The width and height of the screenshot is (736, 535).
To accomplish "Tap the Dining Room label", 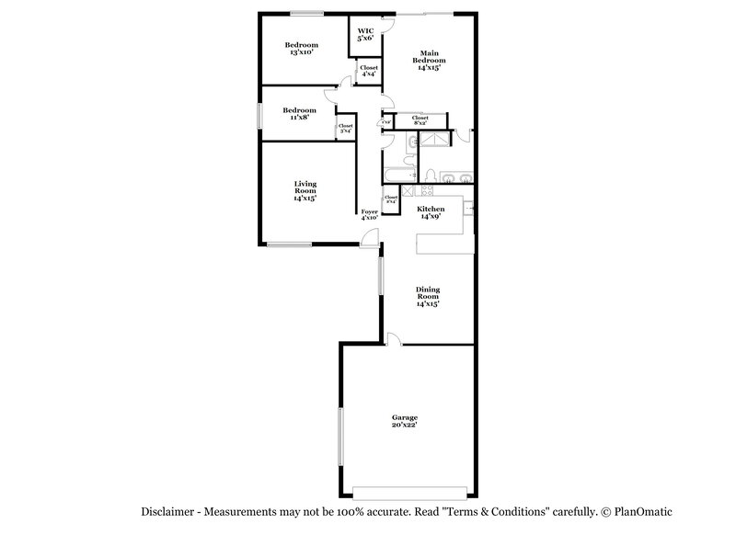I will click(x=427, y=296).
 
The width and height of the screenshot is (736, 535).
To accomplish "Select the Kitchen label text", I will click(x=431, y=212).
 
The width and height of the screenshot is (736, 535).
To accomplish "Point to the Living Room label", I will click(x=305, y=190).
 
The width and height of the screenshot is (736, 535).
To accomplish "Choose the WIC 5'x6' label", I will click(x=365, y=34).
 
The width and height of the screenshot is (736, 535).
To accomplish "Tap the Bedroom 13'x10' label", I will click(x=301, y=49).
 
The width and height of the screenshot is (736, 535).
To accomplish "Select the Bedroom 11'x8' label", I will click(x=299, y=113).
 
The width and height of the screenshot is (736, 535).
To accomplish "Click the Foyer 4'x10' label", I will click(x=370, y=214).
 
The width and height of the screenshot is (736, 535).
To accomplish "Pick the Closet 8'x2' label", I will click(x=420, y=120).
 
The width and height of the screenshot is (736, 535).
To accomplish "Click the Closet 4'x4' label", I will click(x=368, y=71).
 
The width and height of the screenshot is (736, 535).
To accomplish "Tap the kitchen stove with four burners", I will click(x=426, y=190).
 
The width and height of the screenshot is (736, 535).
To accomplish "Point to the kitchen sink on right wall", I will click(x=468, y=210).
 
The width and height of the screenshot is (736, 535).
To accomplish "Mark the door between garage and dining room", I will click(x=393, y=340).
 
